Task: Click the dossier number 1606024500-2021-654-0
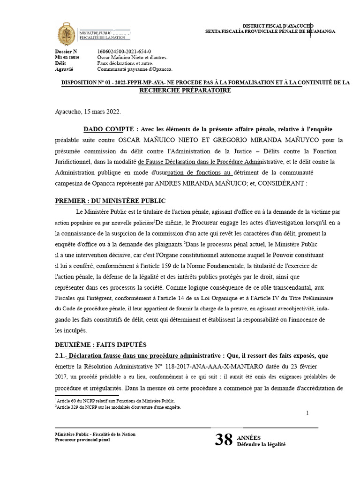[x=124, y=51]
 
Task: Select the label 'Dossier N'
[x=66, y=51]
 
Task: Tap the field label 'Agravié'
[x=64, y=69]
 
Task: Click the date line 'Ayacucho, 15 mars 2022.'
[x=88, y=112]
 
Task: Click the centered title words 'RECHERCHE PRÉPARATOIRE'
[x=185, y=90]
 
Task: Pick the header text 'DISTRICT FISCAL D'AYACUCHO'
[x=277, y=25]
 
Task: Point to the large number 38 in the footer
[x=224, y=439]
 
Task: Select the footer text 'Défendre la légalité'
[x=261, y=444]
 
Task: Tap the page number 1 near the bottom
[x=307, y=413]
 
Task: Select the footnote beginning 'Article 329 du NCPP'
[x=118, y=407]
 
